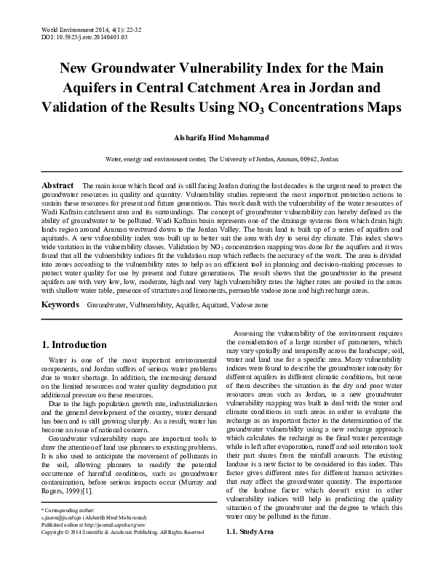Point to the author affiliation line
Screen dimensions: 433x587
click(x=216, y=158)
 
